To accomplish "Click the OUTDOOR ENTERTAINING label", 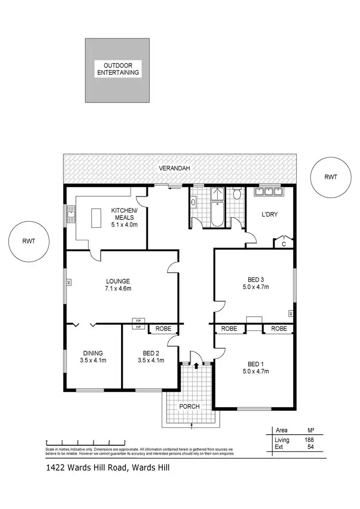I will [x=117, y=69].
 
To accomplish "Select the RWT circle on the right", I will [x=330, y=177].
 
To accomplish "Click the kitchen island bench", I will [x=96, y=218].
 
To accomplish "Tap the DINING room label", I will [x=92, y=356].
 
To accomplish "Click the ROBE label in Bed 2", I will [x=163, y=329].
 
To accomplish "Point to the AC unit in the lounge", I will [x=69, y=282].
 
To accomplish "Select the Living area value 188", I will [x=309, y=439].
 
